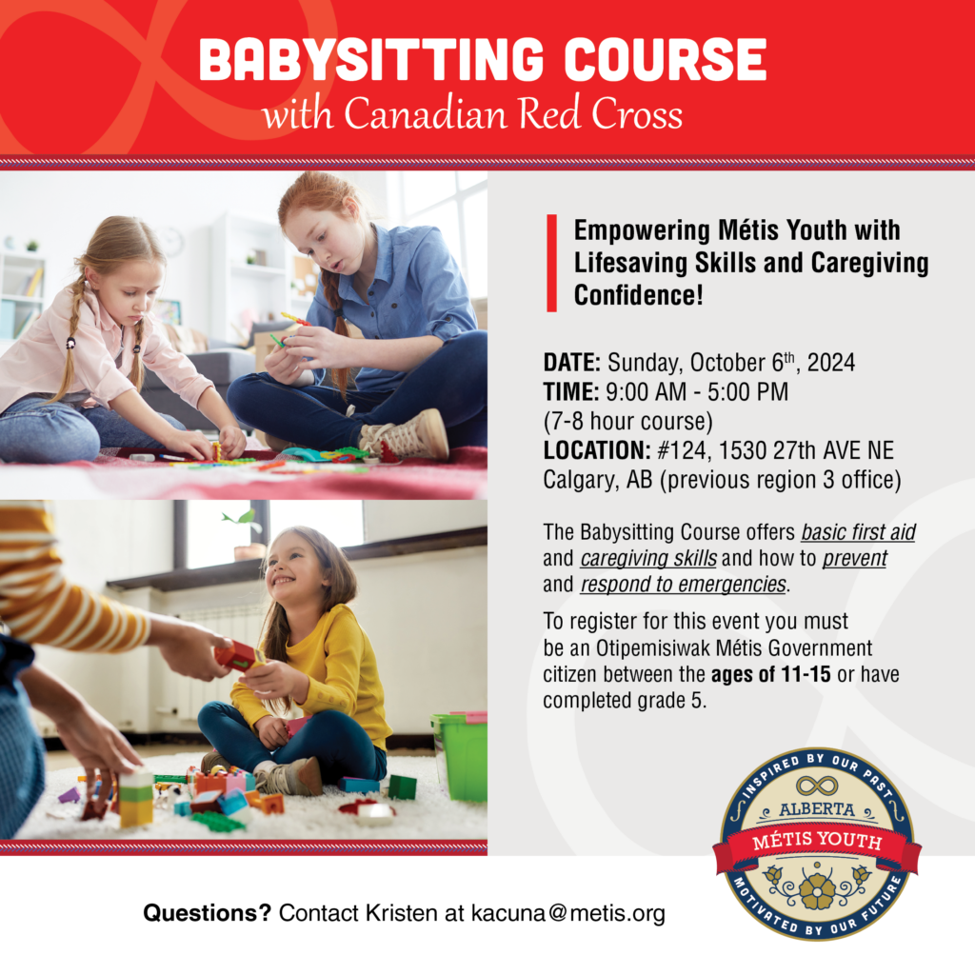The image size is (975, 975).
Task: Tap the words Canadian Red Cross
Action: (x=513, y=115)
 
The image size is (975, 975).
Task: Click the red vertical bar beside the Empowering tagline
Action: (x=551, y=263)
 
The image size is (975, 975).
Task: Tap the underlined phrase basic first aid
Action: (x=858, y=531)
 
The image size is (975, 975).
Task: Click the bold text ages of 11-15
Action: (x=771, y=675)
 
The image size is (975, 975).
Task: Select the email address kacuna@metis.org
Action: (x=568, y=914)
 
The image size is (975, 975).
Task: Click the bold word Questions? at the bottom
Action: (x=207, y=914)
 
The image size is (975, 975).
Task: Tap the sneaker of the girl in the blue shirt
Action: (x=408, y=436)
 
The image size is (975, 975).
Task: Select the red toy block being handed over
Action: (x=235, y=654)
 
